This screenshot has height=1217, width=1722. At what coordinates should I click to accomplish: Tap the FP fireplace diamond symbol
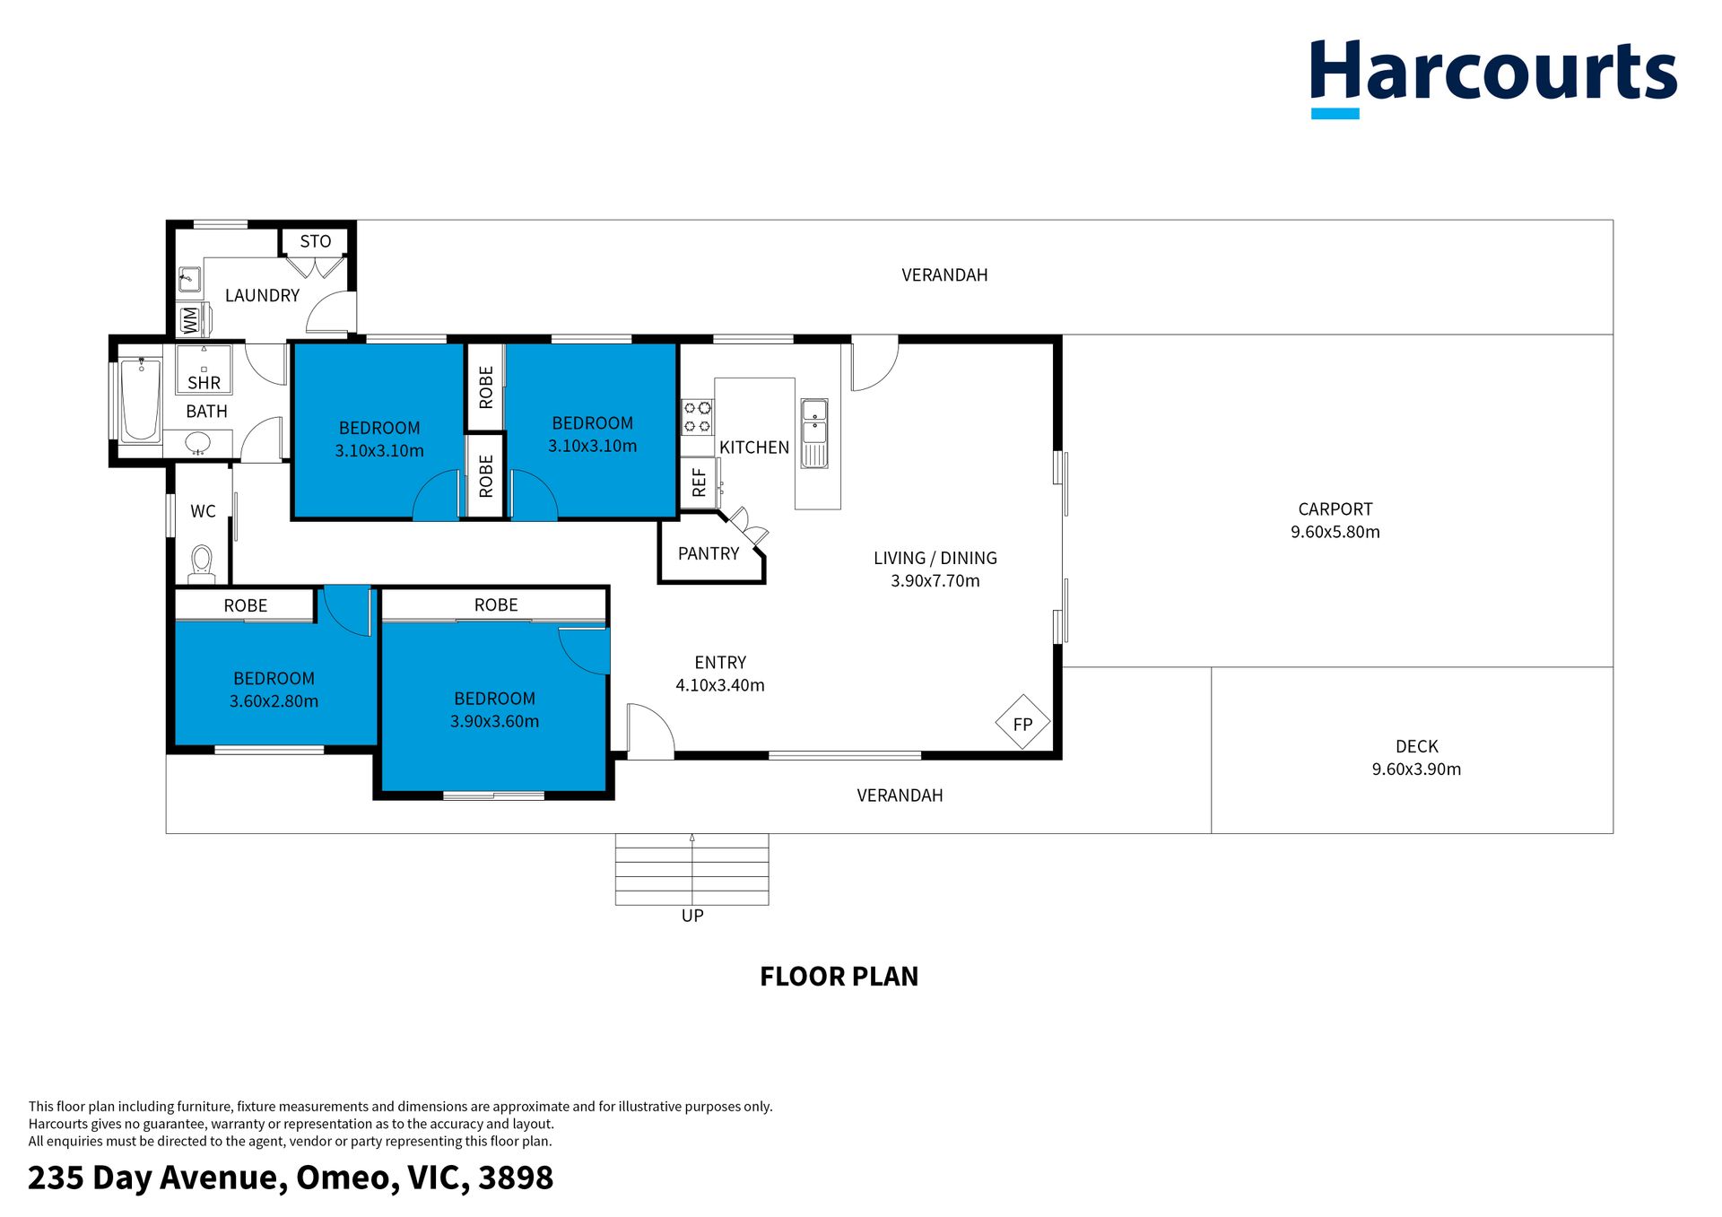click(x=1022, y=723)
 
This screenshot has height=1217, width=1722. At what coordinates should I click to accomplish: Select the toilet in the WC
click(x=202, y=563)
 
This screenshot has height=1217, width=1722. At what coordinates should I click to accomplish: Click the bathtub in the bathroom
click(x=141, y=399)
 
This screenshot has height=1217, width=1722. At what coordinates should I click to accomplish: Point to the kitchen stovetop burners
click(x=697, y=417)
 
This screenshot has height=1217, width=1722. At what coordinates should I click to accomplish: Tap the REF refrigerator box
click(x=700, y=482)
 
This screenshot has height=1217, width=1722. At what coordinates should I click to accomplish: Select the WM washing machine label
click(x=190, y=319)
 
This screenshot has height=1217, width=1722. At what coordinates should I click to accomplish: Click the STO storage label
click(x=316, y=241)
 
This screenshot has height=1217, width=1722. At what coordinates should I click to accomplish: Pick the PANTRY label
click(x=709, y=553)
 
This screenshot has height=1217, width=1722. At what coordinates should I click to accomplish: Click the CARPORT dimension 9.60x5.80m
click(x=1335, y=532)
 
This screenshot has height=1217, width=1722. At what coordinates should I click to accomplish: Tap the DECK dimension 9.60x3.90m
click(x=1416, y=769)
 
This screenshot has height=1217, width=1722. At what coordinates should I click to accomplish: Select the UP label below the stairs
click(x=692, y=916)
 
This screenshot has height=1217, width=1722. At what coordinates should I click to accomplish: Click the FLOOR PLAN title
click(x=839, y=977)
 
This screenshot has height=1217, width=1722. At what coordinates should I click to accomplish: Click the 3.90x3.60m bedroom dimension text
click(x=494, y=721)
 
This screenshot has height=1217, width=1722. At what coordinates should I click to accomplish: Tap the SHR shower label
click(x=204, y=383)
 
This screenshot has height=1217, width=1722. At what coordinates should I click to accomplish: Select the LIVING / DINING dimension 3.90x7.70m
click(x=935, y=580)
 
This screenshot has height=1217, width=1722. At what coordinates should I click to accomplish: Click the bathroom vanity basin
click(x=198, y=443)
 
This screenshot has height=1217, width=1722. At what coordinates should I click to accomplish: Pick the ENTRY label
click(x=720, y=662)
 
